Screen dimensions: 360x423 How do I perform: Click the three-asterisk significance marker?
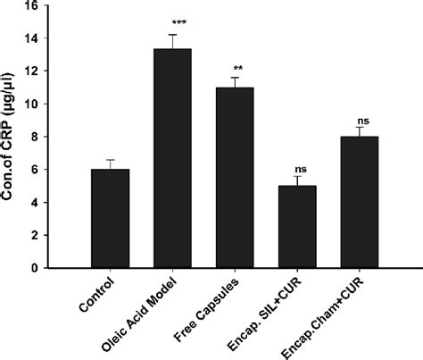[x=172, y=20]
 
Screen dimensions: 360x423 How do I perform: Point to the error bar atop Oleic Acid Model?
[x=172, y=41]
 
